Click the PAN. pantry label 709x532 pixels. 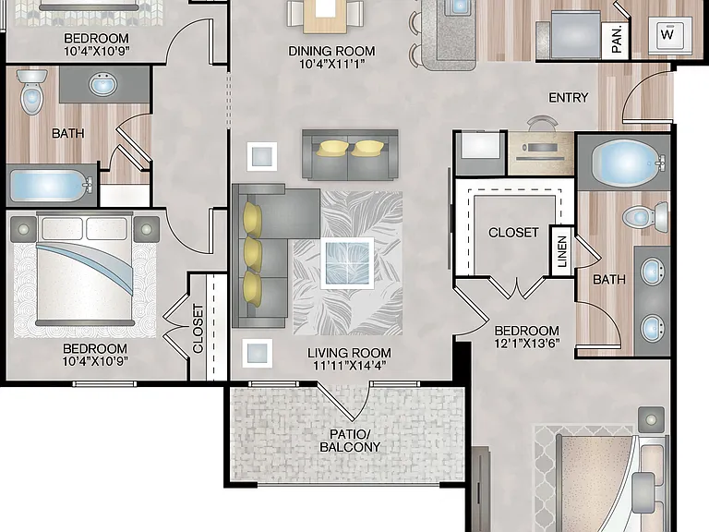point(617,39)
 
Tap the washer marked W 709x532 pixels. point(670,34)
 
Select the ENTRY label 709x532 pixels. point(569,97)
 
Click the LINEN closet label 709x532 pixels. point(562,251)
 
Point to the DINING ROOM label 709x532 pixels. point(331,51)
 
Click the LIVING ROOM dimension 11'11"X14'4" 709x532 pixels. point(349,365)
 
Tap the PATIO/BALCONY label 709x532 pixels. point(350,441)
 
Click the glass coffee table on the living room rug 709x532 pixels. point(347,263)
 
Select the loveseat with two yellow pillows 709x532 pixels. point(351,155)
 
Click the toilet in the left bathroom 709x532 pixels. point(31,91)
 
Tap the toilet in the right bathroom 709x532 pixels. point(645,217)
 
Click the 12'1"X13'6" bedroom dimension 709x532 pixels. point(527,344)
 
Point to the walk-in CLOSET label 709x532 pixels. point(513,233)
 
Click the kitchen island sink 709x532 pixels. point(459,6)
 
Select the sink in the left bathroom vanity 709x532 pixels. point(103,84)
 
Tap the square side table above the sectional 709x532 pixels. point(262,156)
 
